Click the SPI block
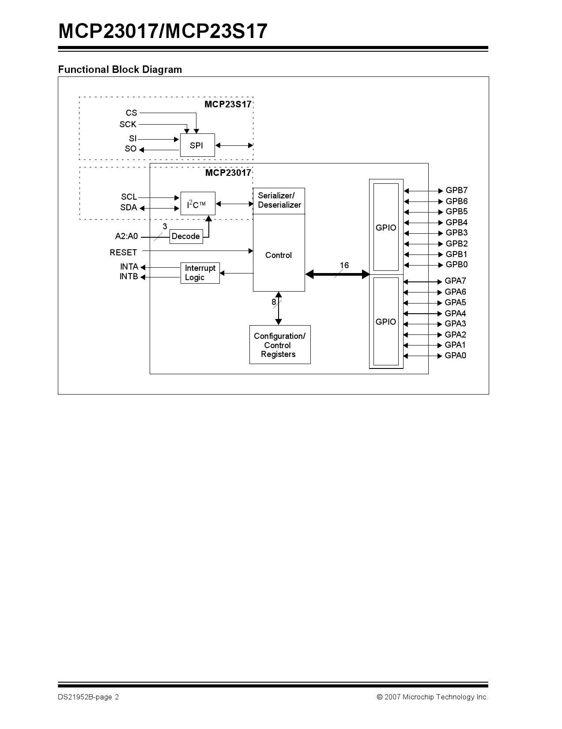click(197, 145)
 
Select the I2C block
click(197, 204)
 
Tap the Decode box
click(186, 236)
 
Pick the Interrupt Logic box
click(200, 273)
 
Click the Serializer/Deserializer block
click(279, 201)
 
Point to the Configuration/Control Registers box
click(279, 345)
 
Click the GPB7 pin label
click(456, 190)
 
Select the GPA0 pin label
click(455, 356)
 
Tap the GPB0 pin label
click(456, 265)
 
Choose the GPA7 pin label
click(455, 281)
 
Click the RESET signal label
click(123, 253)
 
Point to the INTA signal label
click(129, 267)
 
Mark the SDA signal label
click(128, 208)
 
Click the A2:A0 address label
click(126, 236)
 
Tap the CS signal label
click(131, 113)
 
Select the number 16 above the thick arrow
click(344, 266)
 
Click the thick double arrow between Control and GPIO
click(337, 274)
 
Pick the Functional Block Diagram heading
click(120, 69)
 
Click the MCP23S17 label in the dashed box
click(228, 104)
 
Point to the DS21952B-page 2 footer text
click(88, 697)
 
